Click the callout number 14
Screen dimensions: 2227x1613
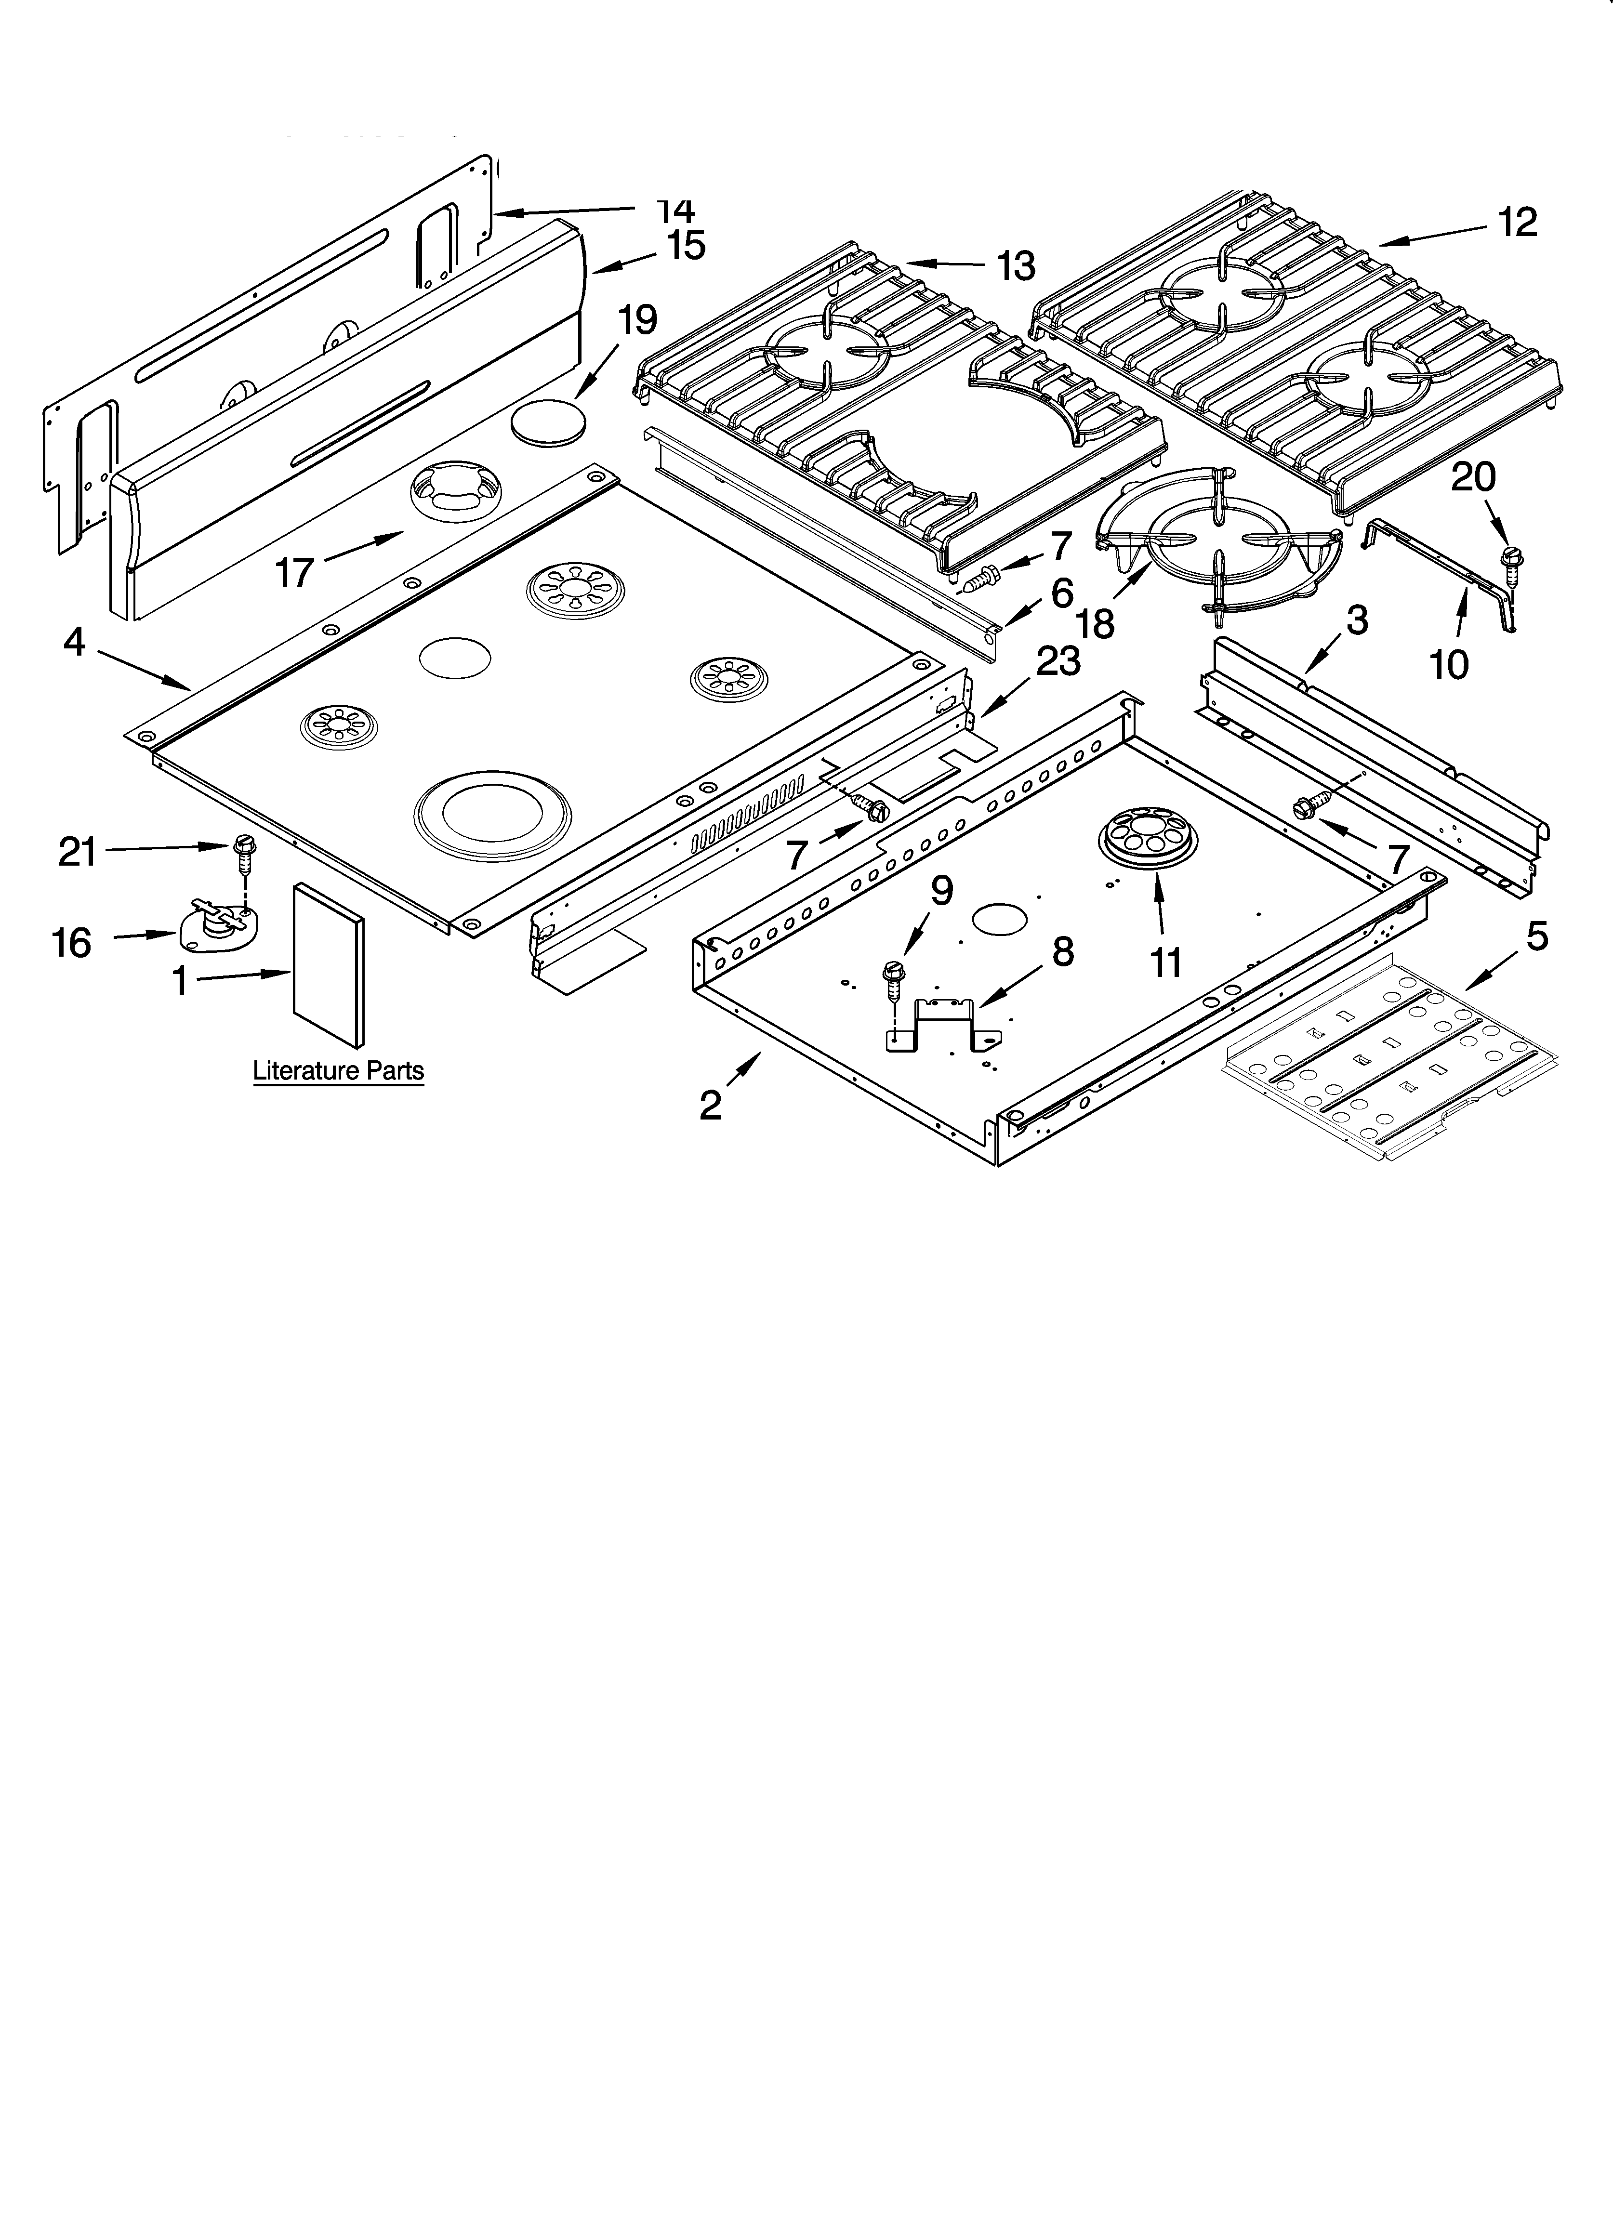point(676,210)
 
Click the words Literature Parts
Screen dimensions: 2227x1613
point(338,1070)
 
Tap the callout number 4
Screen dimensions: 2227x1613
point(75,643)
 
